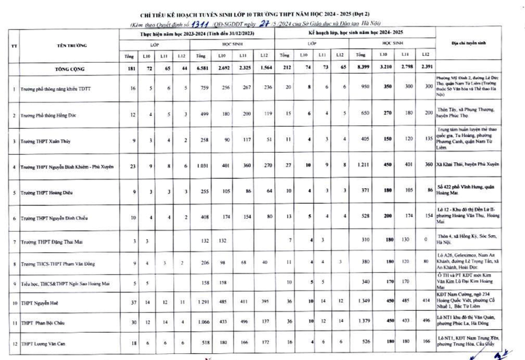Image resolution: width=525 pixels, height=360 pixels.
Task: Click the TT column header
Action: (x=14, y=46)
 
